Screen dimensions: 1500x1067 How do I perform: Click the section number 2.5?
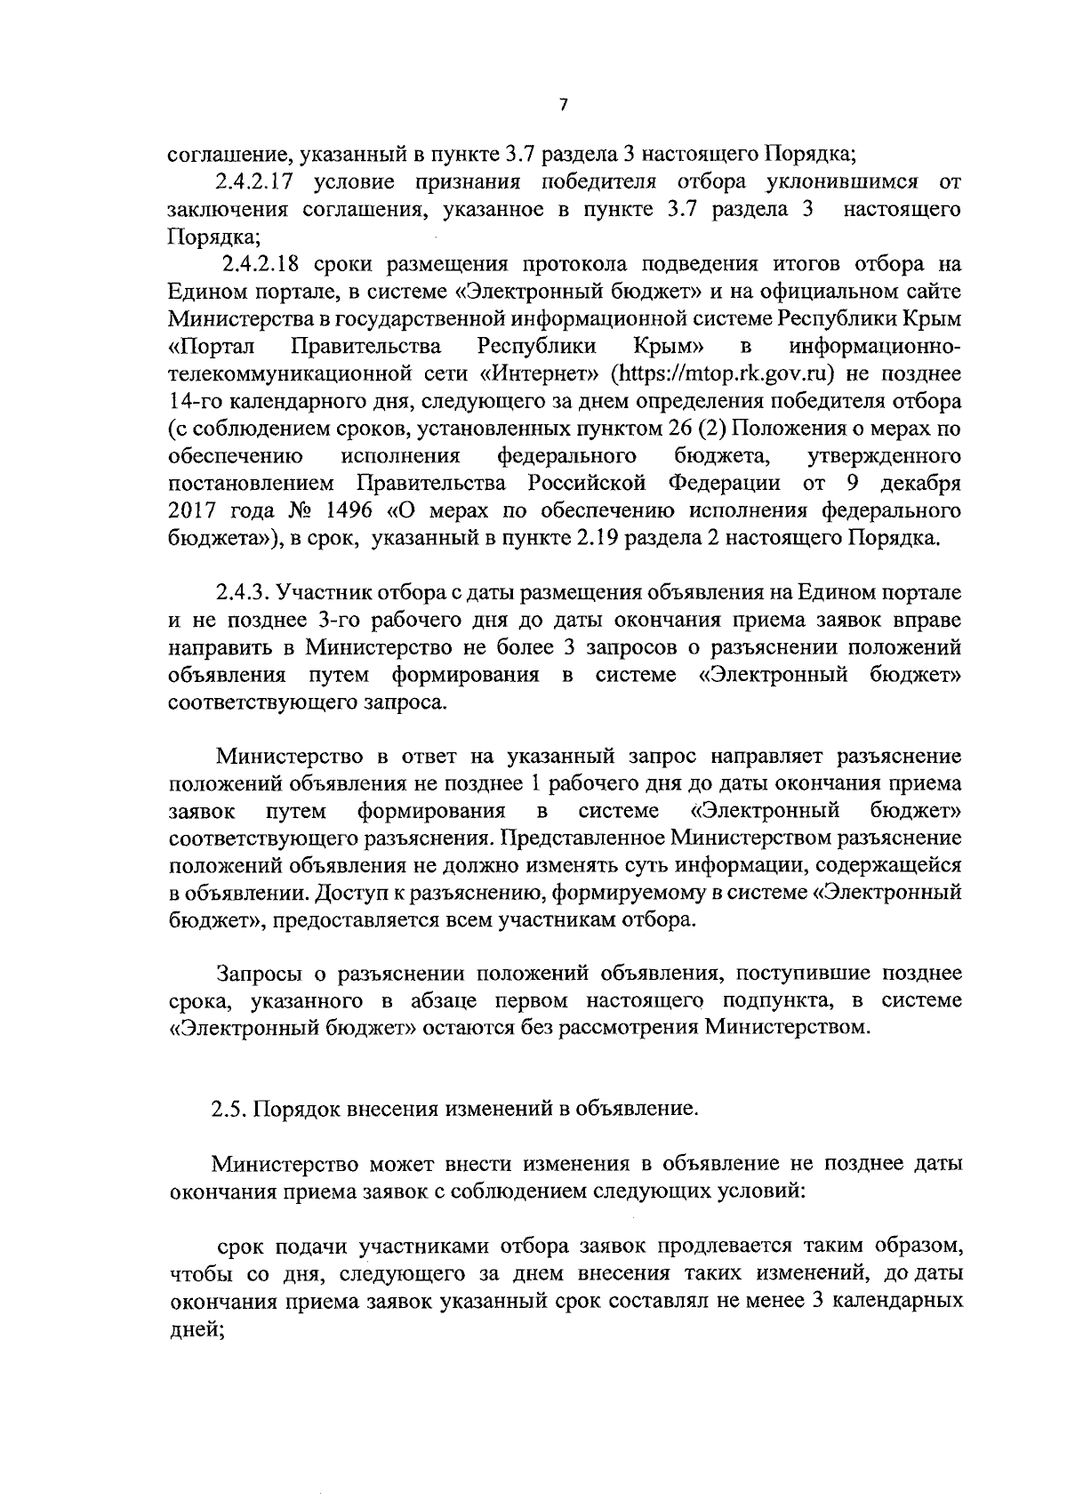tap(229, 1109)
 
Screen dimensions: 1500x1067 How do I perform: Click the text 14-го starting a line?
tap(195, 400)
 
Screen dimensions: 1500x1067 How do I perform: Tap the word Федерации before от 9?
tap(724, 484)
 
